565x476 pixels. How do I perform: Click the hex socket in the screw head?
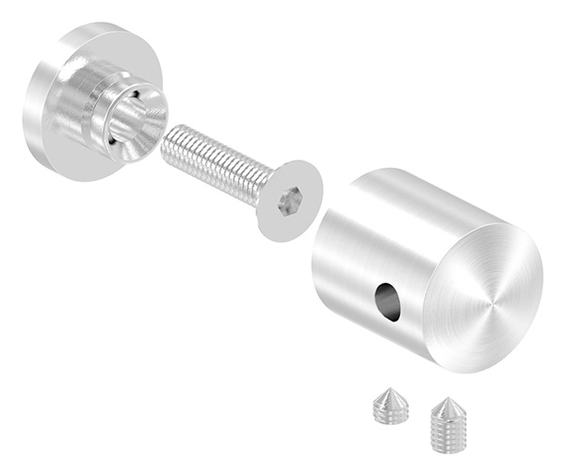click(x=291, y=201)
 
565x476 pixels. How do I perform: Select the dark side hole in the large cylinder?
click(x=386, y=301)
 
